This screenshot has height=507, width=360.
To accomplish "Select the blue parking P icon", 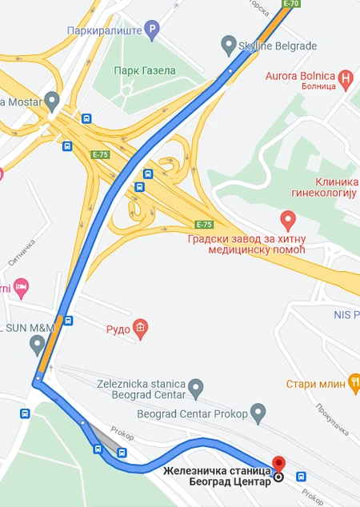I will [x=152, y=31].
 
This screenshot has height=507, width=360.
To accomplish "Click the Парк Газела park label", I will [x=145, y=70].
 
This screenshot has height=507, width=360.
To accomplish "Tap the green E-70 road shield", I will [x=292, y=4].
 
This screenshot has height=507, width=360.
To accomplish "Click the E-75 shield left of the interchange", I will [x=100, y=155].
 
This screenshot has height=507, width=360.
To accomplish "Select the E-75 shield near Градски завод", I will [x=204, y=225].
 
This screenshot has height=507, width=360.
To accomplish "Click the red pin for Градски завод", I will [x=288, y=218].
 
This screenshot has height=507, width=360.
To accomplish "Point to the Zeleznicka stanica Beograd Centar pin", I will [x=197, y=390].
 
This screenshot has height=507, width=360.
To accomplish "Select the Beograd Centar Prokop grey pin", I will [x=258, y=413].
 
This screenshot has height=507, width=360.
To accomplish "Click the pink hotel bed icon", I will [x=22, y=286].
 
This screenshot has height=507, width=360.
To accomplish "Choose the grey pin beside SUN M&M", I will [x=37, y=345].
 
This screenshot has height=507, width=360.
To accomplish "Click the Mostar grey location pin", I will [x=53, y=102].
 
